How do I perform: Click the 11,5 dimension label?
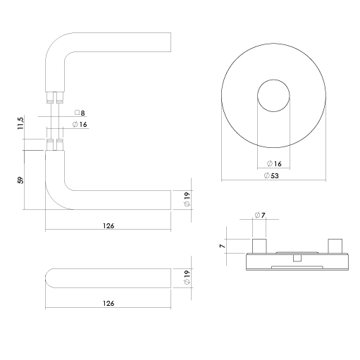(x=22, y=123)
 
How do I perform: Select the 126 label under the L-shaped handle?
(x=108, y=225)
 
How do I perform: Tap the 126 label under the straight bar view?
(x=108, y=303)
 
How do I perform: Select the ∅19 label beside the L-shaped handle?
(x=187, y=199)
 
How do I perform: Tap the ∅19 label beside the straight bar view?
(x=187, y=278)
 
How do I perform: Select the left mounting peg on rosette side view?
(x=258, y=246)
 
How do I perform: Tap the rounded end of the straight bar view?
(x=51, y=278)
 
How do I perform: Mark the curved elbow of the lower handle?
(x=57, y=198)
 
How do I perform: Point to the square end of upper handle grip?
(x=168, y=42)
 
